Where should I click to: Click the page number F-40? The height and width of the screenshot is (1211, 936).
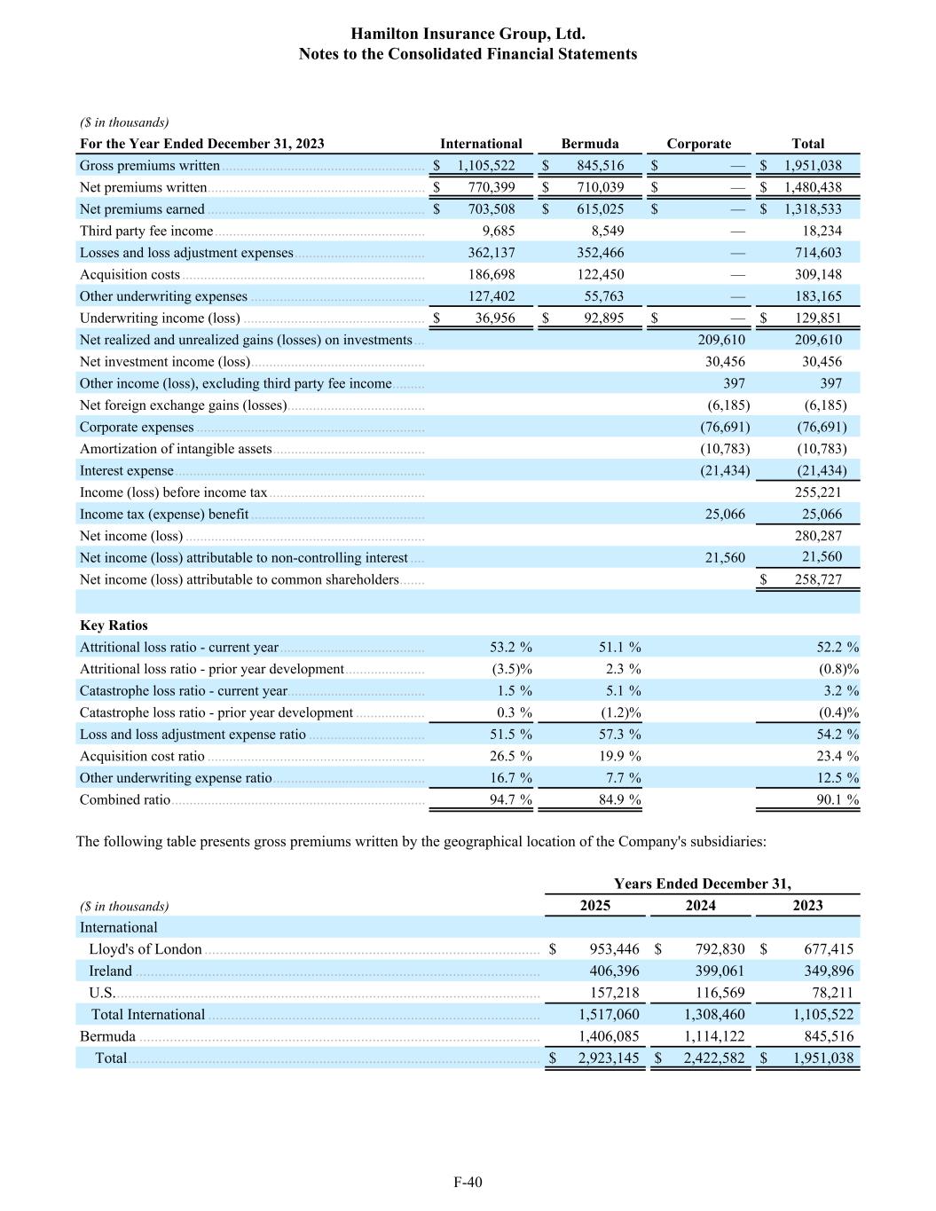coord(468,1181)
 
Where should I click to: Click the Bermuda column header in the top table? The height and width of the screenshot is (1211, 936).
coord(590,144)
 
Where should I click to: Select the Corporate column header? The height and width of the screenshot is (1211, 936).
coord(699,144)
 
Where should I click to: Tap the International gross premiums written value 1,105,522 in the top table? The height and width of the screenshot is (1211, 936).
coord(486,165)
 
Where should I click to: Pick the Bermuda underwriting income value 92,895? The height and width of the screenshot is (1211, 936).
coord(600,318)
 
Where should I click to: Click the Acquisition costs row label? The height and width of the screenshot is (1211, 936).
coord(130,275)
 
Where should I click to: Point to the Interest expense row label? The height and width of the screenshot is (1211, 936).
coord(127,471)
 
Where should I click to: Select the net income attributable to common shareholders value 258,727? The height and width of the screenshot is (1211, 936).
coord(818,579)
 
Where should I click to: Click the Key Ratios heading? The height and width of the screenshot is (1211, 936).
coord(114,625)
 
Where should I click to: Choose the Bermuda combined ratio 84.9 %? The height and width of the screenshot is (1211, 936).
coord(619,799)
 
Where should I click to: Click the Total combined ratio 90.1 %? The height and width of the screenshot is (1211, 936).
coord(838,799)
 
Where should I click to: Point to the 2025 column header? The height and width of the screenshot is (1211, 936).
coord(594,906)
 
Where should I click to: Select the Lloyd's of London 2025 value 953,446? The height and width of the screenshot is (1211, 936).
coord(614,949)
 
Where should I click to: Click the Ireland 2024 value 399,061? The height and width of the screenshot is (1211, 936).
coord(720,971)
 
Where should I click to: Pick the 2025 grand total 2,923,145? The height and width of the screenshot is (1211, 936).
coord(609,1058)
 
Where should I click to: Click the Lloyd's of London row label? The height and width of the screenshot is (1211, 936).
coord(146,949)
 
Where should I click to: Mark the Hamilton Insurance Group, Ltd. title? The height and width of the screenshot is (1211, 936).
coord(468,34)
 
